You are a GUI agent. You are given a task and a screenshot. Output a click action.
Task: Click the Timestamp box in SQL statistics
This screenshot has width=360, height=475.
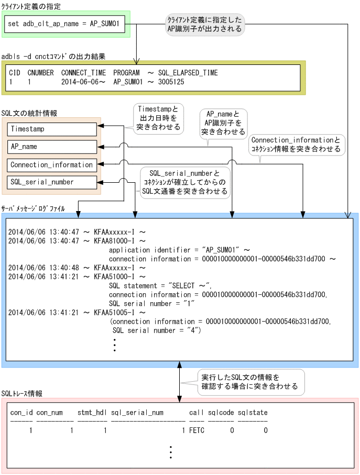click(52, 129)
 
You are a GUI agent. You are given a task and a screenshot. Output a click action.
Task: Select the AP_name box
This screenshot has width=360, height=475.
click(52, 147)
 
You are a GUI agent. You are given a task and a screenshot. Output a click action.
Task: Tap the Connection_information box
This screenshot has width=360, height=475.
click(52, 165)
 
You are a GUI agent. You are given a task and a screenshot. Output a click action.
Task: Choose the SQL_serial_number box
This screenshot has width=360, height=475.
click(52, 182)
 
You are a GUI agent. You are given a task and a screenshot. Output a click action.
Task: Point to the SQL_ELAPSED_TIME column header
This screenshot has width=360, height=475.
click(188, 73)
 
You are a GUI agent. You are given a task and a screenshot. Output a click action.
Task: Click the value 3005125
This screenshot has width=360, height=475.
click(170, 82)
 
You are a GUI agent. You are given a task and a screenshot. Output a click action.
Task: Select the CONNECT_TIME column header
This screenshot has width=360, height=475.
click(83, 73)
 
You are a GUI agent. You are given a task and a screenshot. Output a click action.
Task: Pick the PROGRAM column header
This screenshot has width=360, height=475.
click(126, 73)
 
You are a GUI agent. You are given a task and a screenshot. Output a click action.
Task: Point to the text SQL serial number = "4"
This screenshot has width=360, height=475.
click(157, 330)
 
